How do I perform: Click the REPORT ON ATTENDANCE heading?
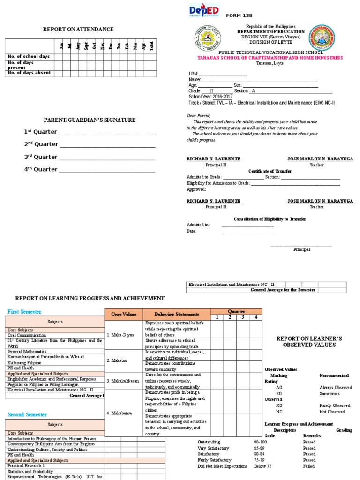78,30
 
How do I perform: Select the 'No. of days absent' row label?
29,73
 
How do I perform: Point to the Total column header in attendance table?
151,45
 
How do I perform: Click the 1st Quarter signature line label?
41,132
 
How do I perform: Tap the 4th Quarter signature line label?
41,169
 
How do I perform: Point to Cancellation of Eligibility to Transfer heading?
270,219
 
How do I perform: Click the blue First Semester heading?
24,312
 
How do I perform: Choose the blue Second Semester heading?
27,414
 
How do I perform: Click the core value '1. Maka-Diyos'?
120,335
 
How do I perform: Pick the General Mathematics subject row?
27,351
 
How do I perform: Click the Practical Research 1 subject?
26,465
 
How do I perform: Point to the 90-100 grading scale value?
260,442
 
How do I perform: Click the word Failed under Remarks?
309,466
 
